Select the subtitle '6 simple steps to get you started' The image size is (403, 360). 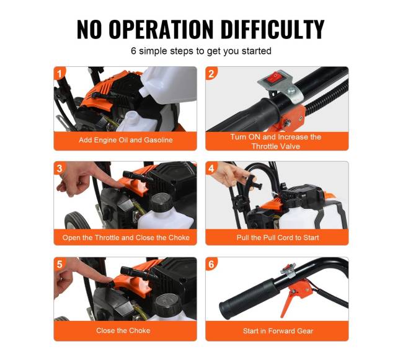pos(201,51)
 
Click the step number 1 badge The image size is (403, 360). pos(60,74)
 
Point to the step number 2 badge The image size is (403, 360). pos(211,74)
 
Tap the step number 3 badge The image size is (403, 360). pos(60,169)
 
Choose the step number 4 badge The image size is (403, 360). pos(211,169)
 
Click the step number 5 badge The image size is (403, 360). pos(60,264)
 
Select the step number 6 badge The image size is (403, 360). pos(211,264)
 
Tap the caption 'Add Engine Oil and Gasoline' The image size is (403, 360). pos(126,140)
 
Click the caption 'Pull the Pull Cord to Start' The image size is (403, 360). pos(278,237)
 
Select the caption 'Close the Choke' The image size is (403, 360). pos(123,330)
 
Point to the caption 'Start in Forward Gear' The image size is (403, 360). pos(278,331)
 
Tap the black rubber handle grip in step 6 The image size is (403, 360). pos(248,298)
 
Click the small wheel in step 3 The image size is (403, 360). pos(77,221)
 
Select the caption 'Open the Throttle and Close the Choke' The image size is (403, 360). pos(126,237)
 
